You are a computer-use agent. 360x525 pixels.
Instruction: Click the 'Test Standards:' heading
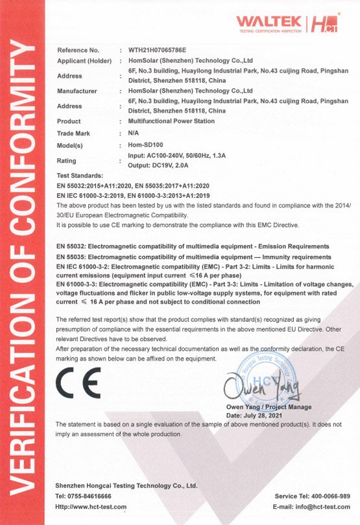click(x=80, y=176)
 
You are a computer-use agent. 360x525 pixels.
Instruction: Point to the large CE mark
click(x=78, y=383)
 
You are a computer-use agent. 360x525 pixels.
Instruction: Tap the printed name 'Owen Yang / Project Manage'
click(x=268, y=407)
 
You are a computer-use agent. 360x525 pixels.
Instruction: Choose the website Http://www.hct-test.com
click(x=91, y=506)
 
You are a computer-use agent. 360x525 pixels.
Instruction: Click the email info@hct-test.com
click(x=311, y=506)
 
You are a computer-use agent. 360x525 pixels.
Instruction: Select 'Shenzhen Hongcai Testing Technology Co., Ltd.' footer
click(x=126, y=485)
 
